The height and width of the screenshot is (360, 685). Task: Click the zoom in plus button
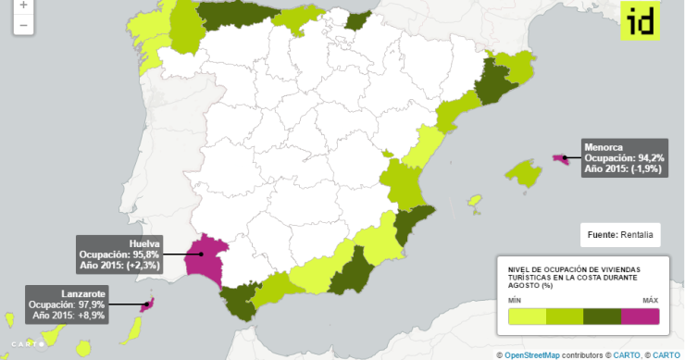[22, 6]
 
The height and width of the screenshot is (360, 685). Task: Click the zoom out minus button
[22, 24]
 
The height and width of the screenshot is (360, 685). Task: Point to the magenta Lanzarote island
[145, 303]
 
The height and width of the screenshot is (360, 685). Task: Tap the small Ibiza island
[476, 201]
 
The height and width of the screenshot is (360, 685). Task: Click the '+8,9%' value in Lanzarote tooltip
[92, 316]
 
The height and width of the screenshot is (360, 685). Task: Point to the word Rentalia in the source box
[637, 236]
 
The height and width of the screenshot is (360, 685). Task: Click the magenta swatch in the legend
[640, 317]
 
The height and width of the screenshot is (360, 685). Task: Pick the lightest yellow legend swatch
[527, 317]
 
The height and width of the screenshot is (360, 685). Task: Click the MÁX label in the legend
[650, 301]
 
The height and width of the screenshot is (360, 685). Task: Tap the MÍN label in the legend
[515, 301]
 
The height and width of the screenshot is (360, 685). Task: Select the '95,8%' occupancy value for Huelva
[146, 254]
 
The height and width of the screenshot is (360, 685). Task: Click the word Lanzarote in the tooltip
[82, 293]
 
